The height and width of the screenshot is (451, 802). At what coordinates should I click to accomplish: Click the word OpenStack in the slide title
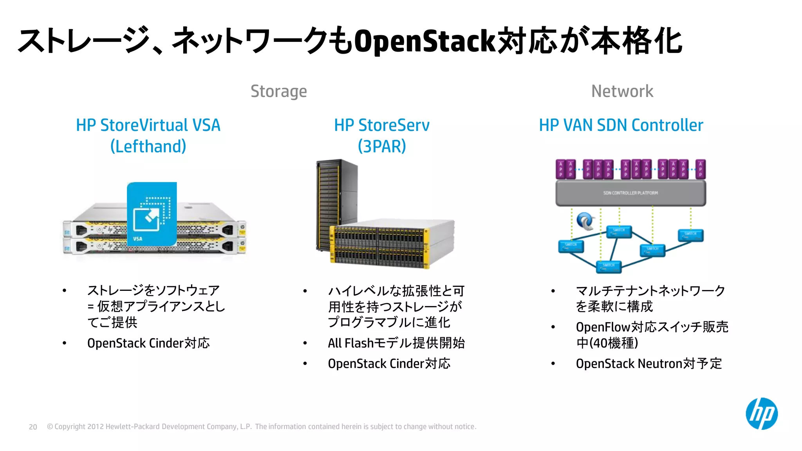point(425,41)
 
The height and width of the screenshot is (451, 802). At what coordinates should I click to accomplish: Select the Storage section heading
point(278,91)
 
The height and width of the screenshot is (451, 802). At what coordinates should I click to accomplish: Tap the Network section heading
point(622,91)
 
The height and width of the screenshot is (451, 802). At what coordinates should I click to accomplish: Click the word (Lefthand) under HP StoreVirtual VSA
point(148,146)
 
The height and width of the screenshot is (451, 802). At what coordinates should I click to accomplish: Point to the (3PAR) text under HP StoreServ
point(382,146)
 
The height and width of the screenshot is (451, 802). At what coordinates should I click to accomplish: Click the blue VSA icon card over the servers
point(152,213)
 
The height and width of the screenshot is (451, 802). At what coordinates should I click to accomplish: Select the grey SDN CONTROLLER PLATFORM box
point(630,193)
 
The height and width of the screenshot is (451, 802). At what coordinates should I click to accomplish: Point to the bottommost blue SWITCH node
point(609,267)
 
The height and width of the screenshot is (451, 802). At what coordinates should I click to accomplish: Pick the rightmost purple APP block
point(700,169)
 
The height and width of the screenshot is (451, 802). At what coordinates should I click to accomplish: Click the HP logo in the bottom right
point(761,414)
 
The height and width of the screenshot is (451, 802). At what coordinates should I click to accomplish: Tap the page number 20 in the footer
point(33,427)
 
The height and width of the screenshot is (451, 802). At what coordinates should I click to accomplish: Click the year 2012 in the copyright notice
point(95,427)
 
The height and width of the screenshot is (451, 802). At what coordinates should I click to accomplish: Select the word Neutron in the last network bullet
point(660,364)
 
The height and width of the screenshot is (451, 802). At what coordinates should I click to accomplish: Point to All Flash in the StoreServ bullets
point(351,343)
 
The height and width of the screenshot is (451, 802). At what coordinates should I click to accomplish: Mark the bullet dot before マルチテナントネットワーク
point(553,291)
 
